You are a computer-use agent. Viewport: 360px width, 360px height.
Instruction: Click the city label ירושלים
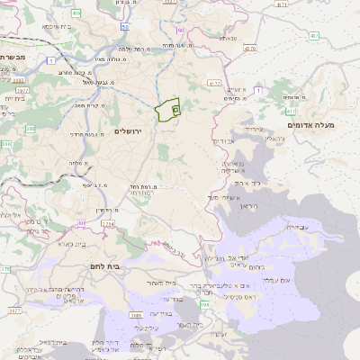135,130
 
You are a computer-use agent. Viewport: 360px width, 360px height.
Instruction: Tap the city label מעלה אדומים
311,125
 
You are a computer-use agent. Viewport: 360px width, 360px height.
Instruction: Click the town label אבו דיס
224,141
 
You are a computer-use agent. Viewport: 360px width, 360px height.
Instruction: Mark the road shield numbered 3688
137,315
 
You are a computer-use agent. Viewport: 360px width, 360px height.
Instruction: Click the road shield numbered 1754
107,222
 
